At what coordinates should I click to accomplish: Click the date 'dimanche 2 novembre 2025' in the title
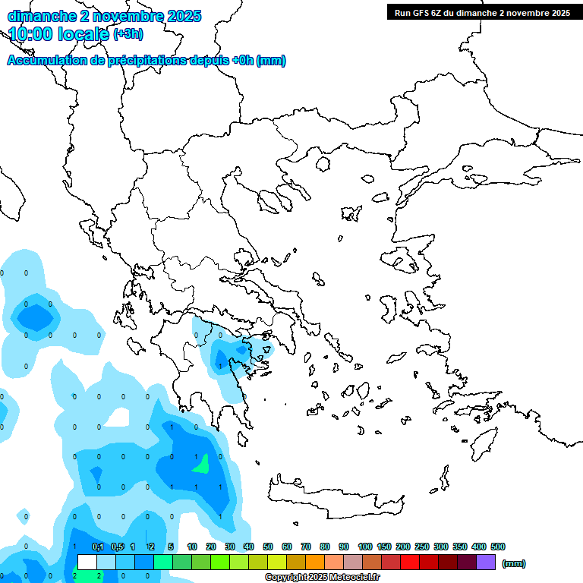(104, 16)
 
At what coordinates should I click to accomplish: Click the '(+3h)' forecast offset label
(128, 34)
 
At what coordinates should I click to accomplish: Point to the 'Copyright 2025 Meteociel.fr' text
(322, 578)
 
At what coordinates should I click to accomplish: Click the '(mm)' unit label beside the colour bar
(514, 563)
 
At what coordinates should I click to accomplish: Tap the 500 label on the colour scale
(498, 547)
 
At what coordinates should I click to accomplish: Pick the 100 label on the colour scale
(365, 547)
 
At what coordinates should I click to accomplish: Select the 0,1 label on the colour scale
(98, 547)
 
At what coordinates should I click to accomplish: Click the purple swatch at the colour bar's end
(486, 563)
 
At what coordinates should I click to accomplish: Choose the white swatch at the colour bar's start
(87, 563)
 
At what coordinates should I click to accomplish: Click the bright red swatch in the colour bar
(410, 563)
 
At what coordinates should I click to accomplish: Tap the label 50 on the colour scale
(268, 547)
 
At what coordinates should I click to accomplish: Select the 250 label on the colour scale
(422, 547)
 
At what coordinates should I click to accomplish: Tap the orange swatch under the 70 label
(315, 563)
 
